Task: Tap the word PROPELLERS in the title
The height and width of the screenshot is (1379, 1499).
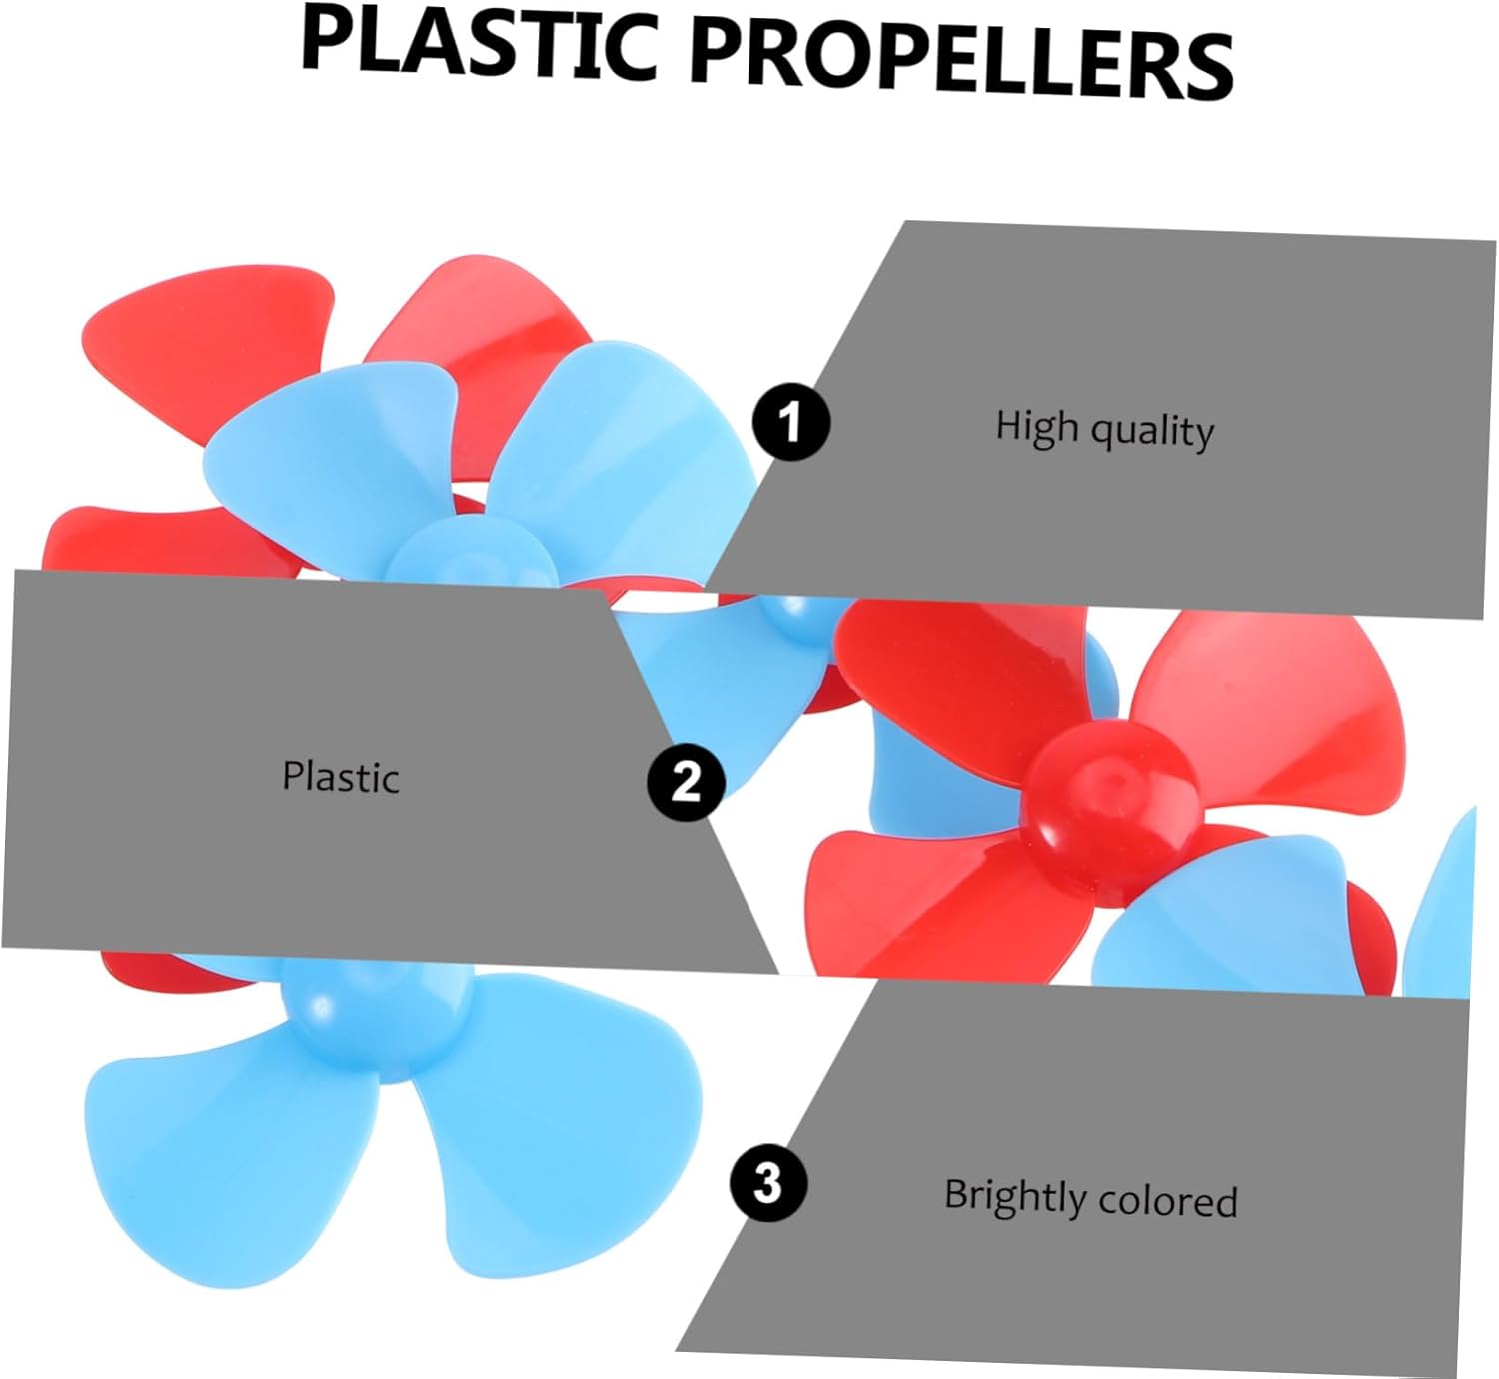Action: point(961,60)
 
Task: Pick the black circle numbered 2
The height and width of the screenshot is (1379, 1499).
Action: point(686,782)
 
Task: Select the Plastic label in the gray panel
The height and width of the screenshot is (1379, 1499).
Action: point(340,776)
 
